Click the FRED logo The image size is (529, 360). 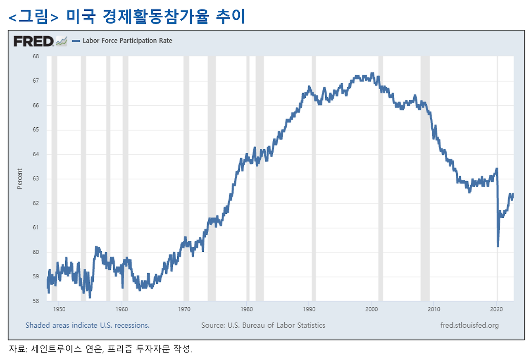[x=33, y=41]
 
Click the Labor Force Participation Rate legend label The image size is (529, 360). [x=127, y=41]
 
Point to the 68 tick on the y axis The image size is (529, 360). [x=36, y=56]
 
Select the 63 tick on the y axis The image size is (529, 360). [x=36, y=178]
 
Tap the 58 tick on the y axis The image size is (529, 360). [x=36, y=301]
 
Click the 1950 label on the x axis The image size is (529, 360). [x=59, y=309]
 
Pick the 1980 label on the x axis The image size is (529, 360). [x=247, y=309]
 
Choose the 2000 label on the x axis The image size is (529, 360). [x=372, y=309]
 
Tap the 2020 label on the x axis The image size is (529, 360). [x=496, y=309]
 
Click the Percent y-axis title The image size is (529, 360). [x=19, y=179]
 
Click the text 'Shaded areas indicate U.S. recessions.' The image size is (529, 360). [x=87, y=325]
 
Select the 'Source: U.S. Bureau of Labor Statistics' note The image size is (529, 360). [x=263, y=325]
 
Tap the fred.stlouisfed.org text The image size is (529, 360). [x=469, y=325]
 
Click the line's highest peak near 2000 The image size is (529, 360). [x=372, y=74]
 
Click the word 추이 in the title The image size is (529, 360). [x=231, y=17]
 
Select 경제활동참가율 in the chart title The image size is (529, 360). [x=156, y=17]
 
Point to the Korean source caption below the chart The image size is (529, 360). [x=100, y=348]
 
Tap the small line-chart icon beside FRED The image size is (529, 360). [x=62, y=41]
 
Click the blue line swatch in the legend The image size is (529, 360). [x=76, y=41]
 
